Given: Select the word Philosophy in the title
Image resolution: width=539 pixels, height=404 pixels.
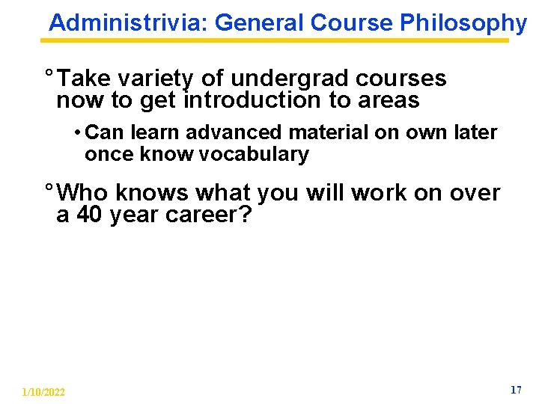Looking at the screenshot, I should point(463,23).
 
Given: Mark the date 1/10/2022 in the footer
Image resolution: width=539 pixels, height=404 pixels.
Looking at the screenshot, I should point(43,392).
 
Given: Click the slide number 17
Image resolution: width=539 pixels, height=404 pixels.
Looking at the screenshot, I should point(515,390).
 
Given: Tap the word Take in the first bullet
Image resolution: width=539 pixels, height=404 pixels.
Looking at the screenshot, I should point(85,79).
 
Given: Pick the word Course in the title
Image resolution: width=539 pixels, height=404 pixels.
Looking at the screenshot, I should point(351,22).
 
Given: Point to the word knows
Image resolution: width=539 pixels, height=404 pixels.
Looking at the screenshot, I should point(153,193).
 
